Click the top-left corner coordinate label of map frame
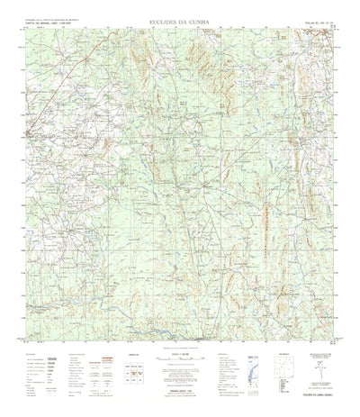click(x=24, y=29)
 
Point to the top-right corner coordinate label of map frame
click(x=337, y=29)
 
